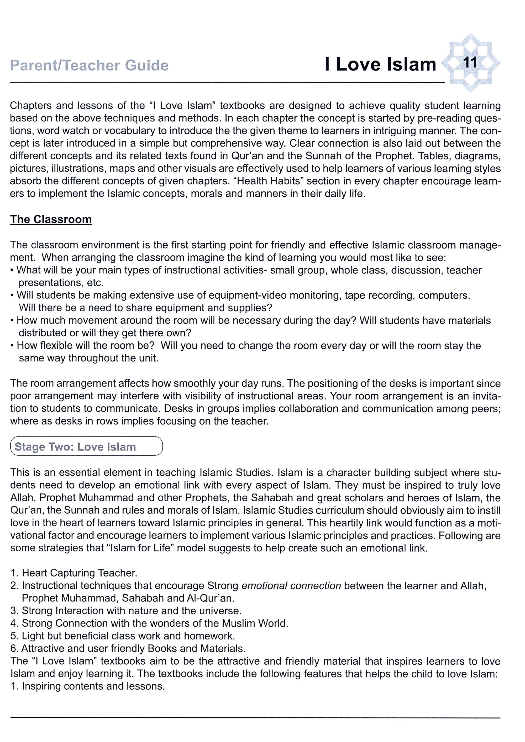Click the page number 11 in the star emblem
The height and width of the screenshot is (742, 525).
tap(470, 62)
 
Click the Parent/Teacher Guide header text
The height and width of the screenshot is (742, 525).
tap(89, 66)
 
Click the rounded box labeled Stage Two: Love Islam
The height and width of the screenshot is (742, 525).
tap(86, 446)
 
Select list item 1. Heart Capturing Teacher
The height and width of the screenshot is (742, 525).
tap(74, 573)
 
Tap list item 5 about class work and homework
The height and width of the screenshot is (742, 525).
tap(123, 636)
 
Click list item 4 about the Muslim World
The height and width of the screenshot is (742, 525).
tap(149, 623)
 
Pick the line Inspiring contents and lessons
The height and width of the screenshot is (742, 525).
tap(88, 686)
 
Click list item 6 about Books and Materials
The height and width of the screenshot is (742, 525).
tap(128, 648)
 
